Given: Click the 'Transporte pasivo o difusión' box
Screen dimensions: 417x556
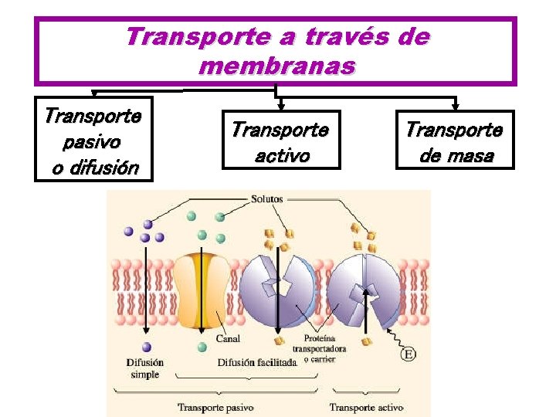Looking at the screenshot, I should (x=93, y=139).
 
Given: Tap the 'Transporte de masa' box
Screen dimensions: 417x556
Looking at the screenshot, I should (x=454, y=140).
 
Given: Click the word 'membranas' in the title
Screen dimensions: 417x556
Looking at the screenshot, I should (x=276, y=66).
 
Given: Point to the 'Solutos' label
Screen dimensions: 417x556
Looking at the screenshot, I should (x=266, y=199).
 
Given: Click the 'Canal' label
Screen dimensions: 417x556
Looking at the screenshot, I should (x=228, y=339).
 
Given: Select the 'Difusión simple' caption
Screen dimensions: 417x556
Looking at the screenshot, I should (x=145, y=368).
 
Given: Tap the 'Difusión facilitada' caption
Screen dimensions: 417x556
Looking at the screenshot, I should (x=256, y=362).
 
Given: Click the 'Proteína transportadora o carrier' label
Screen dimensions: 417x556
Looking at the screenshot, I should (x=325, y=348).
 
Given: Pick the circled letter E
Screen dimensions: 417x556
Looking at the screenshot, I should (x=409, y=354).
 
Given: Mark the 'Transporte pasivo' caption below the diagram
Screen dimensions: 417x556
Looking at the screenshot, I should (x=215, y=406).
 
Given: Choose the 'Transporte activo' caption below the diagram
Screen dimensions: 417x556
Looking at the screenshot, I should (x=367, y=406).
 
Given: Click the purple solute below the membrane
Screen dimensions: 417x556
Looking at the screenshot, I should (x=147, y=347).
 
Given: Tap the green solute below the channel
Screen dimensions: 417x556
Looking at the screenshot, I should (x=202, y=347).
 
